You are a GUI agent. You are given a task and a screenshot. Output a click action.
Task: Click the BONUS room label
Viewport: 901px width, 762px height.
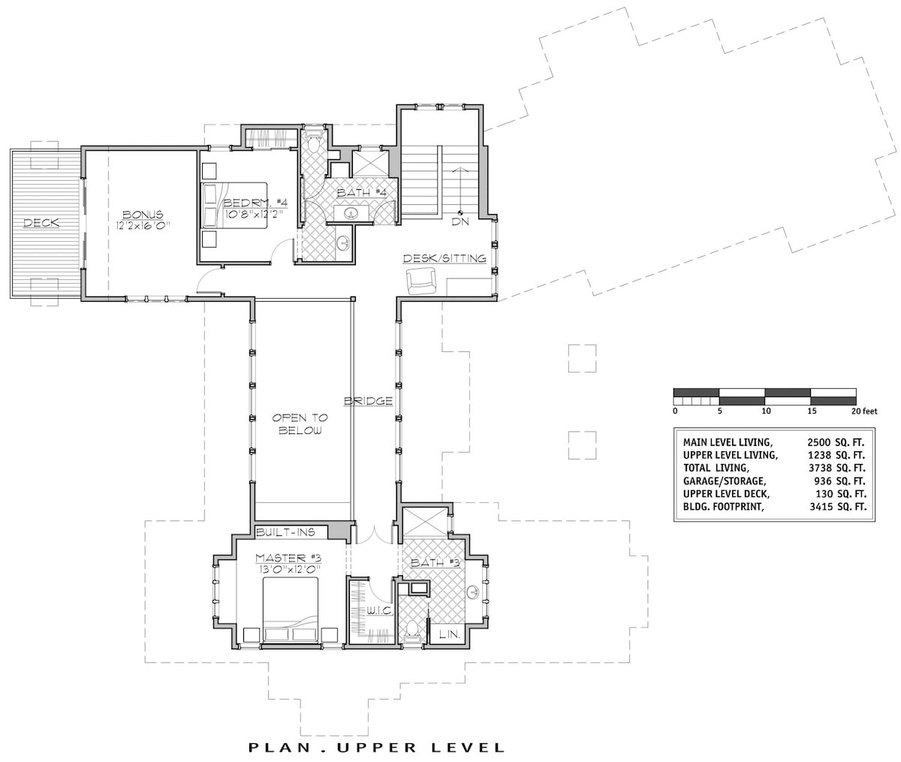pos(142,215)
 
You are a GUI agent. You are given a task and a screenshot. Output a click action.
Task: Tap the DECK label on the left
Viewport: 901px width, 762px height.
pos(41,223)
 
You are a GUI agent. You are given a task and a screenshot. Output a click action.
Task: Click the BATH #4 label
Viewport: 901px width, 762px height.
pos(361,193)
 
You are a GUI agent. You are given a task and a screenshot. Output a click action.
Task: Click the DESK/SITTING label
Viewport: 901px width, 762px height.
pos(444,258)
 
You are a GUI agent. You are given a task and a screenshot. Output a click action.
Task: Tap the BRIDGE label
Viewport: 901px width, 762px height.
pos(369,401)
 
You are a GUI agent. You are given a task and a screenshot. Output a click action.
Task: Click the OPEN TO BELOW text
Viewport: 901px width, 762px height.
pos(297,424)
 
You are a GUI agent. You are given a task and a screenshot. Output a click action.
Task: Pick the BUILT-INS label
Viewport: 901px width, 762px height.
pos(282,532)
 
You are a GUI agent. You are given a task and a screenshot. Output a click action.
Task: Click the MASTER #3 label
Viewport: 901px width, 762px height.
pos(288,557)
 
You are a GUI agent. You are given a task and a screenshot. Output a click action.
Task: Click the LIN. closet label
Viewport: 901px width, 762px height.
pos(448,634)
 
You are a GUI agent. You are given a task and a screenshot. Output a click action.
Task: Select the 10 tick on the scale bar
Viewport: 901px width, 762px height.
pos(765,411)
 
